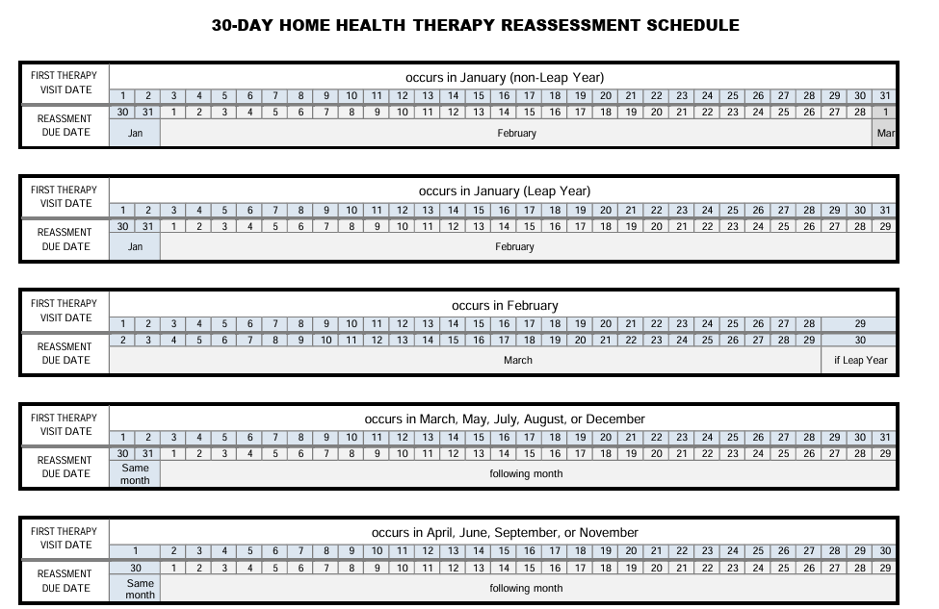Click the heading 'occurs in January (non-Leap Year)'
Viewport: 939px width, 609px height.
504,77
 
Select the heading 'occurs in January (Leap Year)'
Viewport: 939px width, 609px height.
504,190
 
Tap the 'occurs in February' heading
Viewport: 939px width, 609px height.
504,305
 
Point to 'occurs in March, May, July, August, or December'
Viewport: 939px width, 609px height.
504,419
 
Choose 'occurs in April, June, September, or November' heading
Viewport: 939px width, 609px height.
504,532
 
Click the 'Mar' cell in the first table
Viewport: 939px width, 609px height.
885,134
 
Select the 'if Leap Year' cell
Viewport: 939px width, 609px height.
860,361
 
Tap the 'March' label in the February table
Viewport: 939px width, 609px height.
517,361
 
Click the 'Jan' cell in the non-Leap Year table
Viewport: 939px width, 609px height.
135,134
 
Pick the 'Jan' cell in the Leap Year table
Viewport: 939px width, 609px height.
135,247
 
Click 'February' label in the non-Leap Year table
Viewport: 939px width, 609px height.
516,134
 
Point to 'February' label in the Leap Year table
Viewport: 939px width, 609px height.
514,247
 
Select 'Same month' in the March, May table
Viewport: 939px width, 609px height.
135,474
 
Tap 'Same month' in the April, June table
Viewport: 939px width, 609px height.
140,588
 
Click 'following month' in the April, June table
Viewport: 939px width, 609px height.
526,588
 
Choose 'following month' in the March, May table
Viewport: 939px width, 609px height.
526,474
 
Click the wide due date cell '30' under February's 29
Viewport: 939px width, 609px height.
860,340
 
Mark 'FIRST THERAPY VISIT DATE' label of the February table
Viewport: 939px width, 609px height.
64,311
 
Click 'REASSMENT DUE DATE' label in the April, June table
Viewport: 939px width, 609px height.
65,581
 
